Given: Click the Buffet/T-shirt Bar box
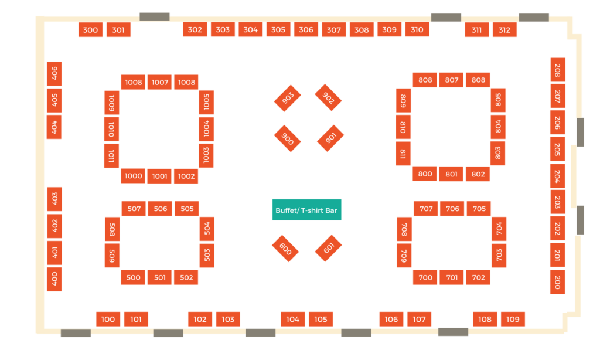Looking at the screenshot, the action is (306, 210).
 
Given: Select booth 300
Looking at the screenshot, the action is (90, 30).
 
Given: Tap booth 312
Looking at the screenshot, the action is (504, 30).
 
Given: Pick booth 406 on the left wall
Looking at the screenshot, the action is (54, 73).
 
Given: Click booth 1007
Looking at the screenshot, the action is (159, 82).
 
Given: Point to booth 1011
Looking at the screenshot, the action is (111, 156).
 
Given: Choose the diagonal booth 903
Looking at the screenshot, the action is (287, 98).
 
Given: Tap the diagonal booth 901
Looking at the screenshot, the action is (330, 138).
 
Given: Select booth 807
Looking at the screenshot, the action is (452, 80).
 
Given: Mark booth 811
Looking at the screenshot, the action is (403, 154).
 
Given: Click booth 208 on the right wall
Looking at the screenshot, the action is (558, 70).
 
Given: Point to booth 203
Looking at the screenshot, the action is (557, 202).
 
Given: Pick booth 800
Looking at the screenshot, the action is (425, 174).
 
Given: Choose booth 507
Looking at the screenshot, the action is (134, 209).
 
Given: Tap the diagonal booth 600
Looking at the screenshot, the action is (285, 249).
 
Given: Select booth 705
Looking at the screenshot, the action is (479, 209).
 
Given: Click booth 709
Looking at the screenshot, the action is (404, 256).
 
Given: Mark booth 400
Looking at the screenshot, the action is (54, 279).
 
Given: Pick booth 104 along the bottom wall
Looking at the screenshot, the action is (293, 319).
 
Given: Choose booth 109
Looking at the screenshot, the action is (513, 319).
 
